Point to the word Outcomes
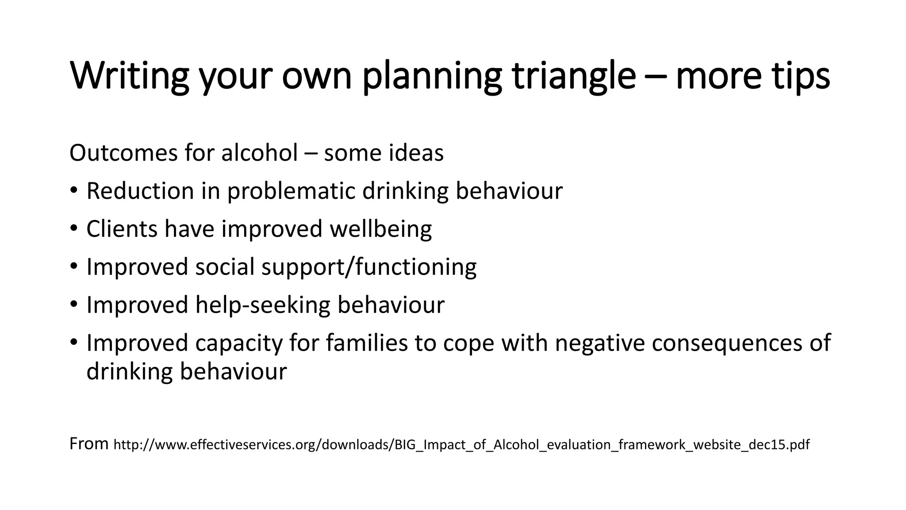(x=123, y=153)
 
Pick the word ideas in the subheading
(x=416, y=153)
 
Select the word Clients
(x=122, y=229)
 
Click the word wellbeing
(x=380, y=229)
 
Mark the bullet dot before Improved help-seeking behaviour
(x=73, y=305)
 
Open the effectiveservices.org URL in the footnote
(x=461, y=444)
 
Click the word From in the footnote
(x=89, y=443)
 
